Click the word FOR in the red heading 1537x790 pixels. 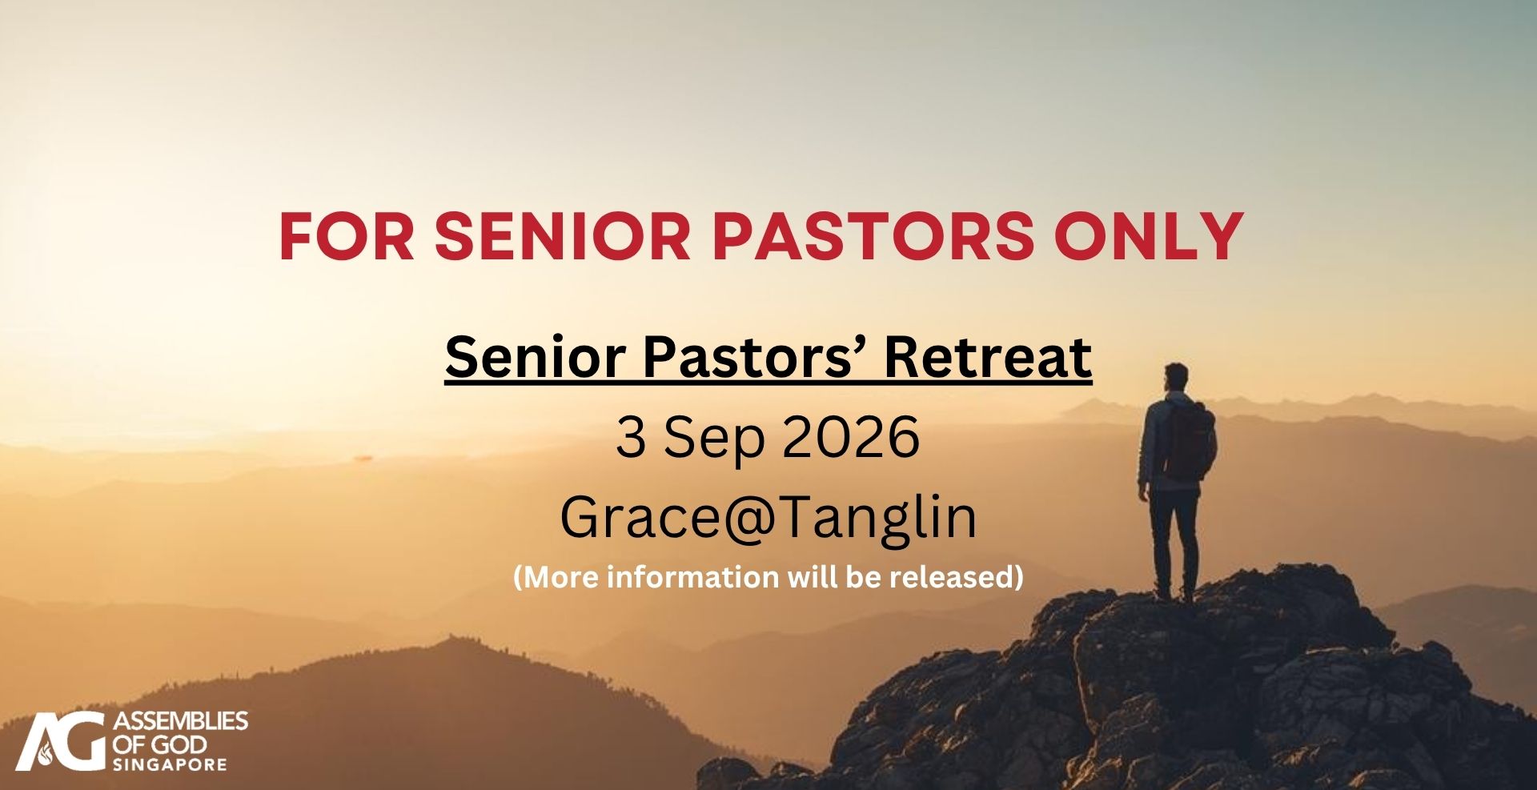tap(347, 236)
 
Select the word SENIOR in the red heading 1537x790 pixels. tap(563, 236)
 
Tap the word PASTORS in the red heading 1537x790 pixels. tap(873, 236)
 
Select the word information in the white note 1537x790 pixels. tap(692, 576)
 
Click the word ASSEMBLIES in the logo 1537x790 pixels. tap(181, 721)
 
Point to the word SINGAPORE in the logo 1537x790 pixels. tap(170, 764)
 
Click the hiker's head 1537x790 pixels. tap(1176, 377)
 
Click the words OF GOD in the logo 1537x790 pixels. tap(160, 744)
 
